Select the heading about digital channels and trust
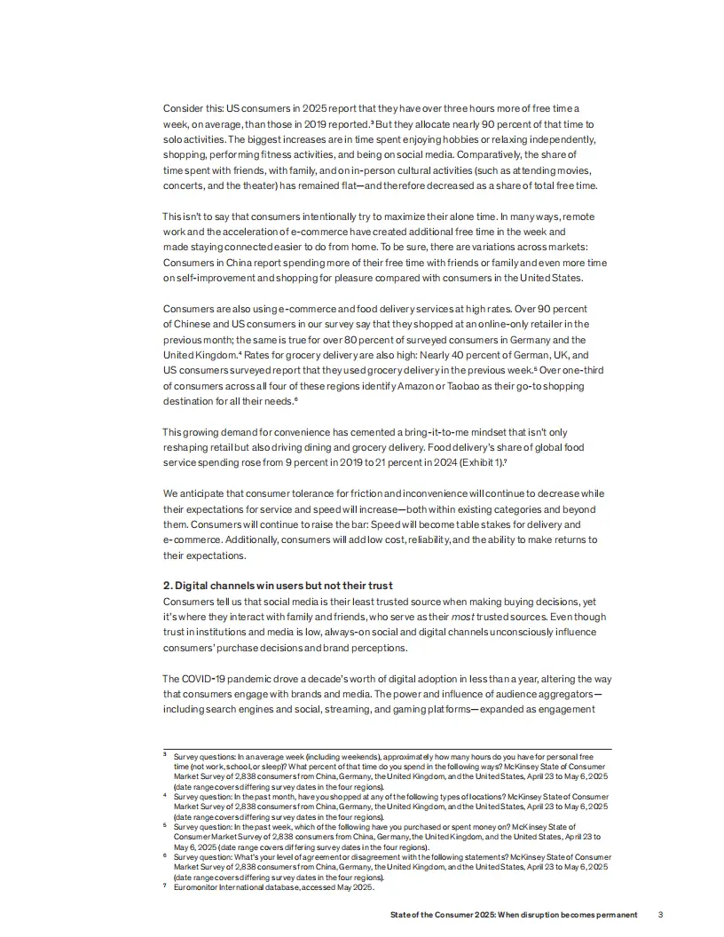click(x=278, y=586)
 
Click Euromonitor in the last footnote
click(x=199, y=887)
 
